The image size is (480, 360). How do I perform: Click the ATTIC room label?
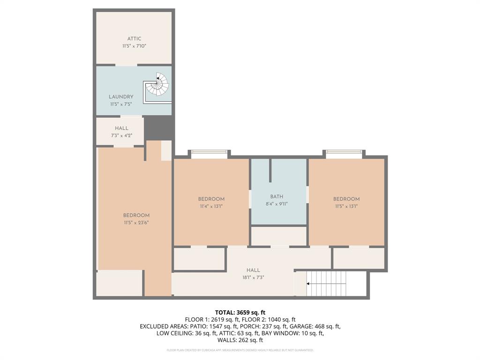click(134, 39)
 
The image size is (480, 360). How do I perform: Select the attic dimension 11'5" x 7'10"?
click(134, 46)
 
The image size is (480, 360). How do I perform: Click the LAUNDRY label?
click(121, 97)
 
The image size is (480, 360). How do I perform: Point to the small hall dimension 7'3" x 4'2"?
click(121, 135)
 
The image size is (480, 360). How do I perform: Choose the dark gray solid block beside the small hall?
click(158, 127)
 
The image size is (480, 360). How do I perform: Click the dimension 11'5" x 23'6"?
click(136, 223)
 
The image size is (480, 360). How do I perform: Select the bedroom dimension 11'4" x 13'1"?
click(211, 206)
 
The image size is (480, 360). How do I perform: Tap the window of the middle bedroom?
click(210, 151)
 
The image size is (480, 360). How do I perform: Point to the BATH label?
click(277, 197)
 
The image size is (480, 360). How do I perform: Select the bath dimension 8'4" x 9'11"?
click(277, 204)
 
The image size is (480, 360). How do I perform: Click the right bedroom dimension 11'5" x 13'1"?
click(346, 206)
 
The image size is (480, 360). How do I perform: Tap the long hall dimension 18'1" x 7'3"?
click(253, 277)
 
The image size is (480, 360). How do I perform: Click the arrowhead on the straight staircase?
click(308, 284)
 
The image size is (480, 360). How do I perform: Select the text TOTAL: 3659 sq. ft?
click(240, 312)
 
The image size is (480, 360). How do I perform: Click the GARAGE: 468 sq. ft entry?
click(321, 326)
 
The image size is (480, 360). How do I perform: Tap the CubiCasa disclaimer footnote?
click(240, 350)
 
